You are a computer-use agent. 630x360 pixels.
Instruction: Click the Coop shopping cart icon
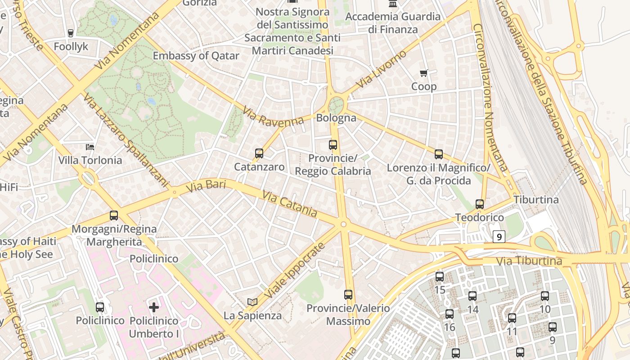[423, 73]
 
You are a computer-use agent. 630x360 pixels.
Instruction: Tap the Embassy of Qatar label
[196, 56]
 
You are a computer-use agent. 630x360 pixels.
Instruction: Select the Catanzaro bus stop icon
[259, 153]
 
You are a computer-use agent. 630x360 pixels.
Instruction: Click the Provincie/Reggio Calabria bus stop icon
[333, 145]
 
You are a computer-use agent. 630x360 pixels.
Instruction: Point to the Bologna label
[336, 118]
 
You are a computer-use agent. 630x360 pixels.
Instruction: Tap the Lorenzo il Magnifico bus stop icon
[439, 154]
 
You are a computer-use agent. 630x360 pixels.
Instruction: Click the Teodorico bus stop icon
[480, 204]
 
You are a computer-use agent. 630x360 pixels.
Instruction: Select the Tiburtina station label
[536, 199]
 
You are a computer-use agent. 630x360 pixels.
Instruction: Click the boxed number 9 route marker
[499, 236]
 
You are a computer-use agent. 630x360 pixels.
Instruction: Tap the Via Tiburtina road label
[529, 261]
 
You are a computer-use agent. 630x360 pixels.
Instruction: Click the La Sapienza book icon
[252, 302]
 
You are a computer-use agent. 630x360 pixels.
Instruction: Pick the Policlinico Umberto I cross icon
[154, 307]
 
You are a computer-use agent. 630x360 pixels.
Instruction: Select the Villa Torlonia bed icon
[90, 147]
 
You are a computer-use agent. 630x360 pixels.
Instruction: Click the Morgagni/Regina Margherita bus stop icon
[114, 216]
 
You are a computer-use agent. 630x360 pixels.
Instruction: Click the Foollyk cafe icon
[71, 33]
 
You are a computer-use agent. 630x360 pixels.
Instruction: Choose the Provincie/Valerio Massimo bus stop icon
[348, 295]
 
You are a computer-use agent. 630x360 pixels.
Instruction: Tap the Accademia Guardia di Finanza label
[393, 23]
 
